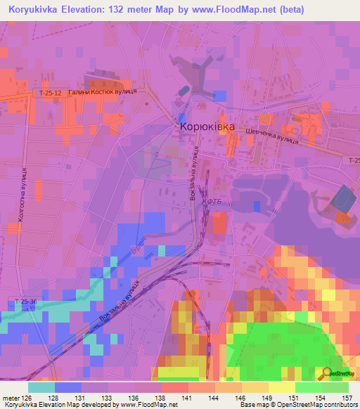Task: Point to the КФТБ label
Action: (213, 202)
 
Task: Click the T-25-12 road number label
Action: (51, 93)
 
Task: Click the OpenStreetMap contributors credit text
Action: (320, 404)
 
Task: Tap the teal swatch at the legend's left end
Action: (41, 387)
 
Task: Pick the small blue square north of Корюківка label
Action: (220, 96)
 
